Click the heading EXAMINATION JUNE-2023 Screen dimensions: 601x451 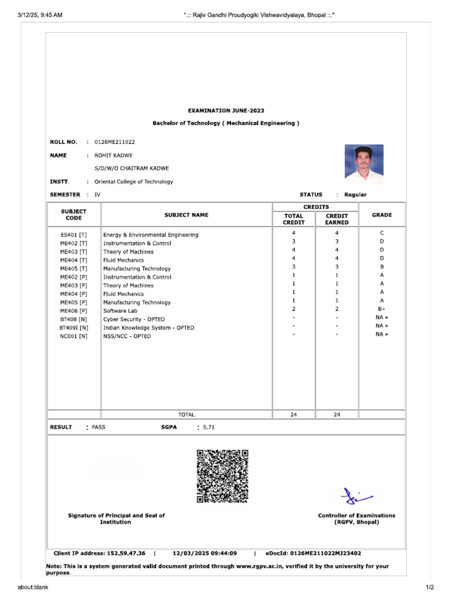[x=225, y=110]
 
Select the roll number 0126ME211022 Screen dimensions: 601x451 [x=115, y=142]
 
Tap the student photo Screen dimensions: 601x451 [x=364, y=162]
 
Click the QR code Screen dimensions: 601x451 [x=223, y=476]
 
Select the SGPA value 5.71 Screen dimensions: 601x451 [x=208, y=427]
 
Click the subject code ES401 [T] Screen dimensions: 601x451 [x=73, y=235]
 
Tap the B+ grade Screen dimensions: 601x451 [x=382, y=309]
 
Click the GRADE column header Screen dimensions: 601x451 [x=382, y=215]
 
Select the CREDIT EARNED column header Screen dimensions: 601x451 [x=336, y=220]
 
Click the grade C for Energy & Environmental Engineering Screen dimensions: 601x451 [x=382, y=233]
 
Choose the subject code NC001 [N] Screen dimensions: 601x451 [x=74, y=336]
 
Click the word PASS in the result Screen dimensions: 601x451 [x=99, y=427]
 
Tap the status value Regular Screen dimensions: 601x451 [x=355, y=195]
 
